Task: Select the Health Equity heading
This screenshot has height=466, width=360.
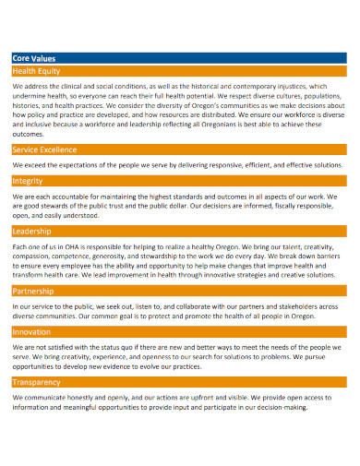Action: [x=37, y=70]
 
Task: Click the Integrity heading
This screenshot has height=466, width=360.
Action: [x=28, y=181]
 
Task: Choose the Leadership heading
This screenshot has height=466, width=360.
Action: [x=32, y=231]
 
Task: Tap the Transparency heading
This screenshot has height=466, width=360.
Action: [x=37, y=381]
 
